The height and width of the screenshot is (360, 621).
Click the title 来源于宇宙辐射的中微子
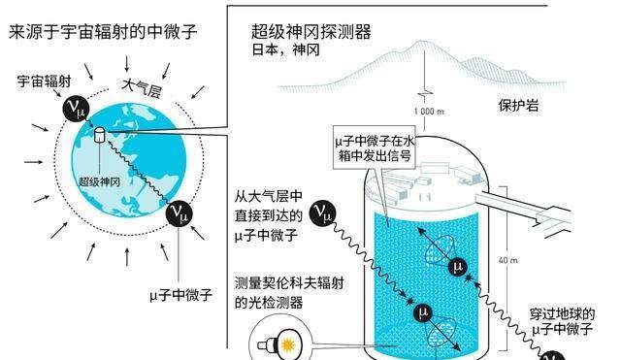pyautogui.click(x=103, y=32)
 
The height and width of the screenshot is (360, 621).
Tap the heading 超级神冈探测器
pyautogui.click(x=311, y=31)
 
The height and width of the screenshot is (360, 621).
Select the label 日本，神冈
pyautogui.click(x=285, y=49)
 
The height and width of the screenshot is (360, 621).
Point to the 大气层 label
pyautogui.click(x=142, y=88)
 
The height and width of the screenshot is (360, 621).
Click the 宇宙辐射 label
pyautogui.click(x=44, y=82)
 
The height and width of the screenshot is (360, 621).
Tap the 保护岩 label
pyautogui.click(x=518, y=105)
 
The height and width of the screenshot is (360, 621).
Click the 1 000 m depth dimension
pyautogui.click(x=429, y=112)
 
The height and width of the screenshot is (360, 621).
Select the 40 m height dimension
pyautogui.click(x=508, y=260)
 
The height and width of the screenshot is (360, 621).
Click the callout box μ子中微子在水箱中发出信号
pyautogui.click(x=375, y=147)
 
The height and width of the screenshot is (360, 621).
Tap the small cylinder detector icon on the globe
pyautogui.click(x=99, y=135)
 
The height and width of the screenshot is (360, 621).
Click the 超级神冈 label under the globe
pyautogui.click(x=99, y=181)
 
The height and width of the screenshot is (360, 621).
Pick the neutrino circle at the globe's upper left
pyautogui.click(x=77, y=108)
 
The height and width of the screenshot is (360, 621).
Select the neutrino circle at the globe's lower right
pyautogui.click(x=179, y=213)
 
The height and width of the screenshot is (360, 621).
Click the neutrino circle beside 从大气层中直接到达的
pyautogui.click(x=323, y=213)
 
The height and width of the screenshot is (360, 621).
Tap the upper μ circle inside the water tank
pyautogui.click(x=458, y=267)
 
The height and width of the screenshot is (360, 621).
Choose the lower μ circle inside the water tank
pyautogui.click(x=423, y=312)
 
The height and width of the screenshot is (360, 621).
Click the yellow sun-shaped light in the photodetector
pyautogui.click(x=288, y=344)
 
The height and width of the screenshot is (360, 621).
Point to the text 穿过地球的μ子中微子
pyautogui.click(x=563, y=321)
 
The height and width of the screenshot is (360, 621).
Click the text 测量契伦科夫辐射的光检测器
pyautogui.click(x=289, y=293)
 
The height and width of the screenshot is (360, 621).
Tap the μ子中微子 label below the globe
pyautogui.click(x=181, y=295)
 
